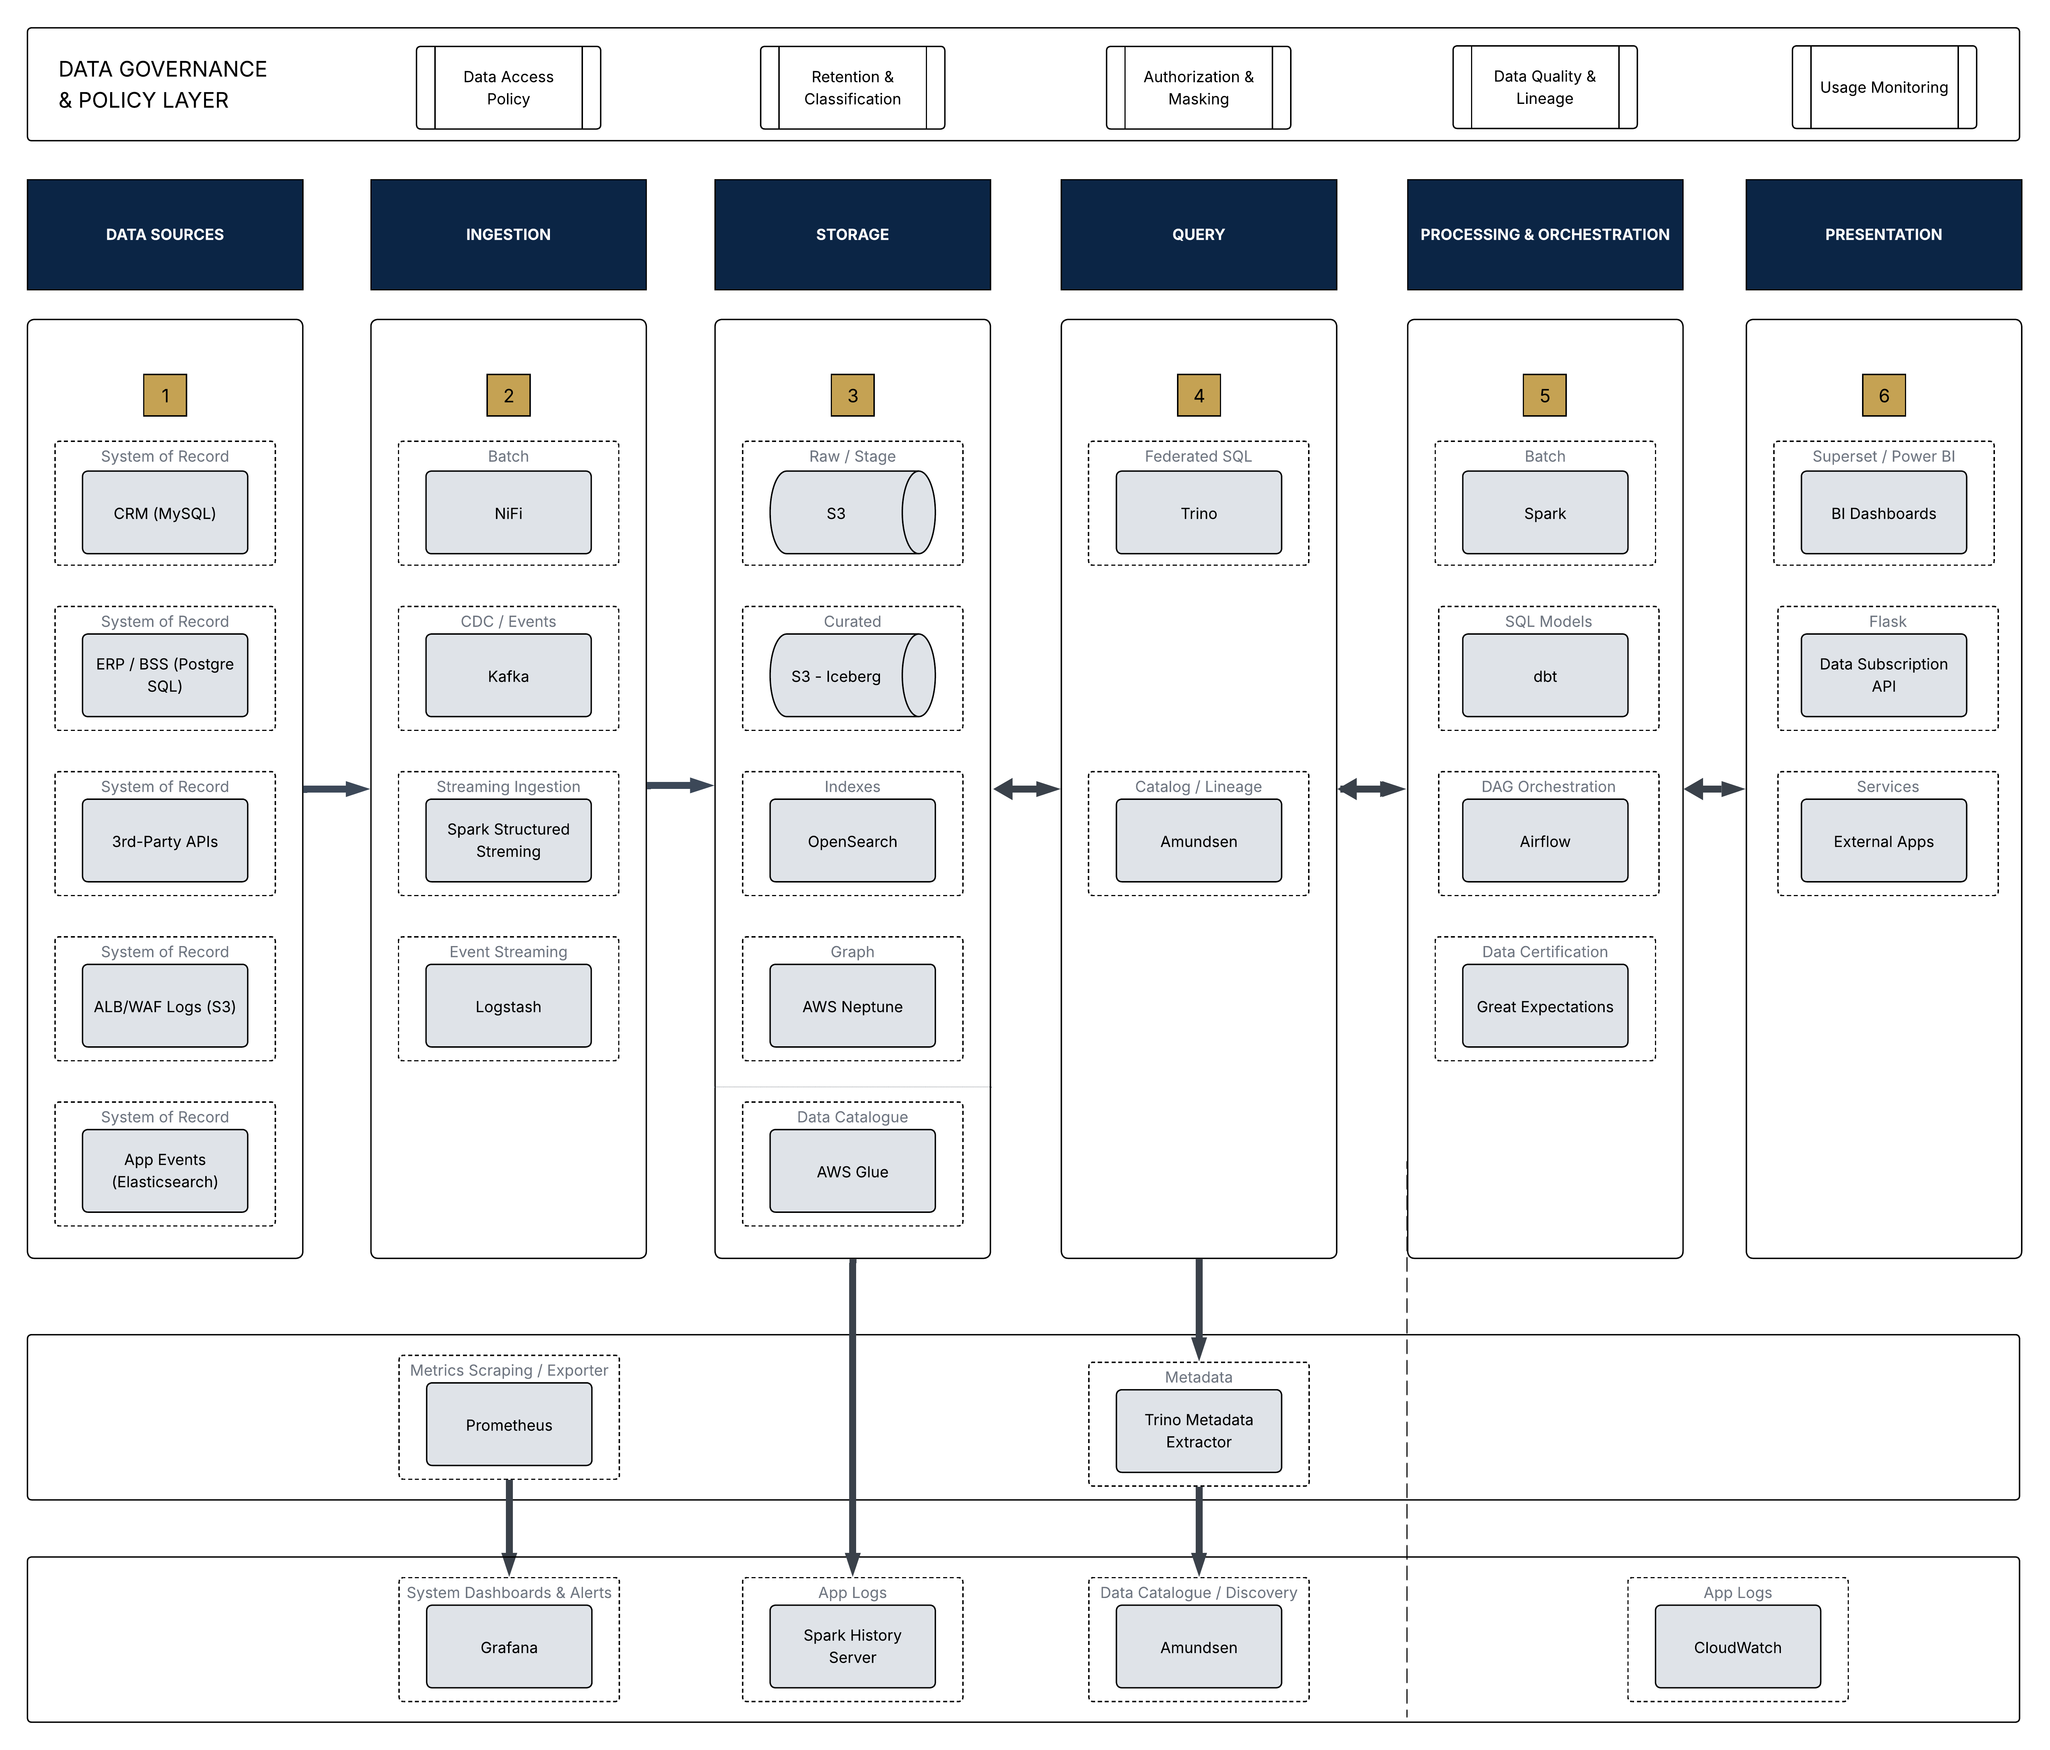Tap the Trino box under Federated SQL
(1198, 512)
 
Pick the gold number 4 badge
(1198, 396)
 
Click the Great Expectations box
(1544, 1006)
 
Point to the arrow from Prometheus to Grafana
(508, 1526)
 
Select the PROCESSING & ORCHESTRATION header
(1544, 235)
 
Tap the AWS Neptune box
(852, 1006)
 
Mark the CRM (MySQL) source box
(164, 512)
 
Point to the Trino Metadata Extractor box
(1198, 1431)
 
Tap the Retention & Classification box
(852, 87)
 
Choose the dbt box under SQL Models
(1544, 676)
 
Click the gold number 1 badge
(164, 396)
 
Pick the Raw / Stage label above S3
(852, 456)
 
